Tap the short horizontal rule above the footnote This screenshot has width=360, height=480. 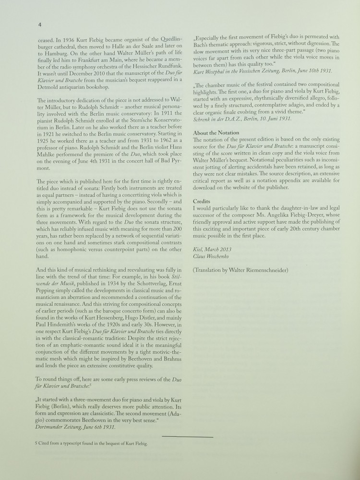coord(187,436)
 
